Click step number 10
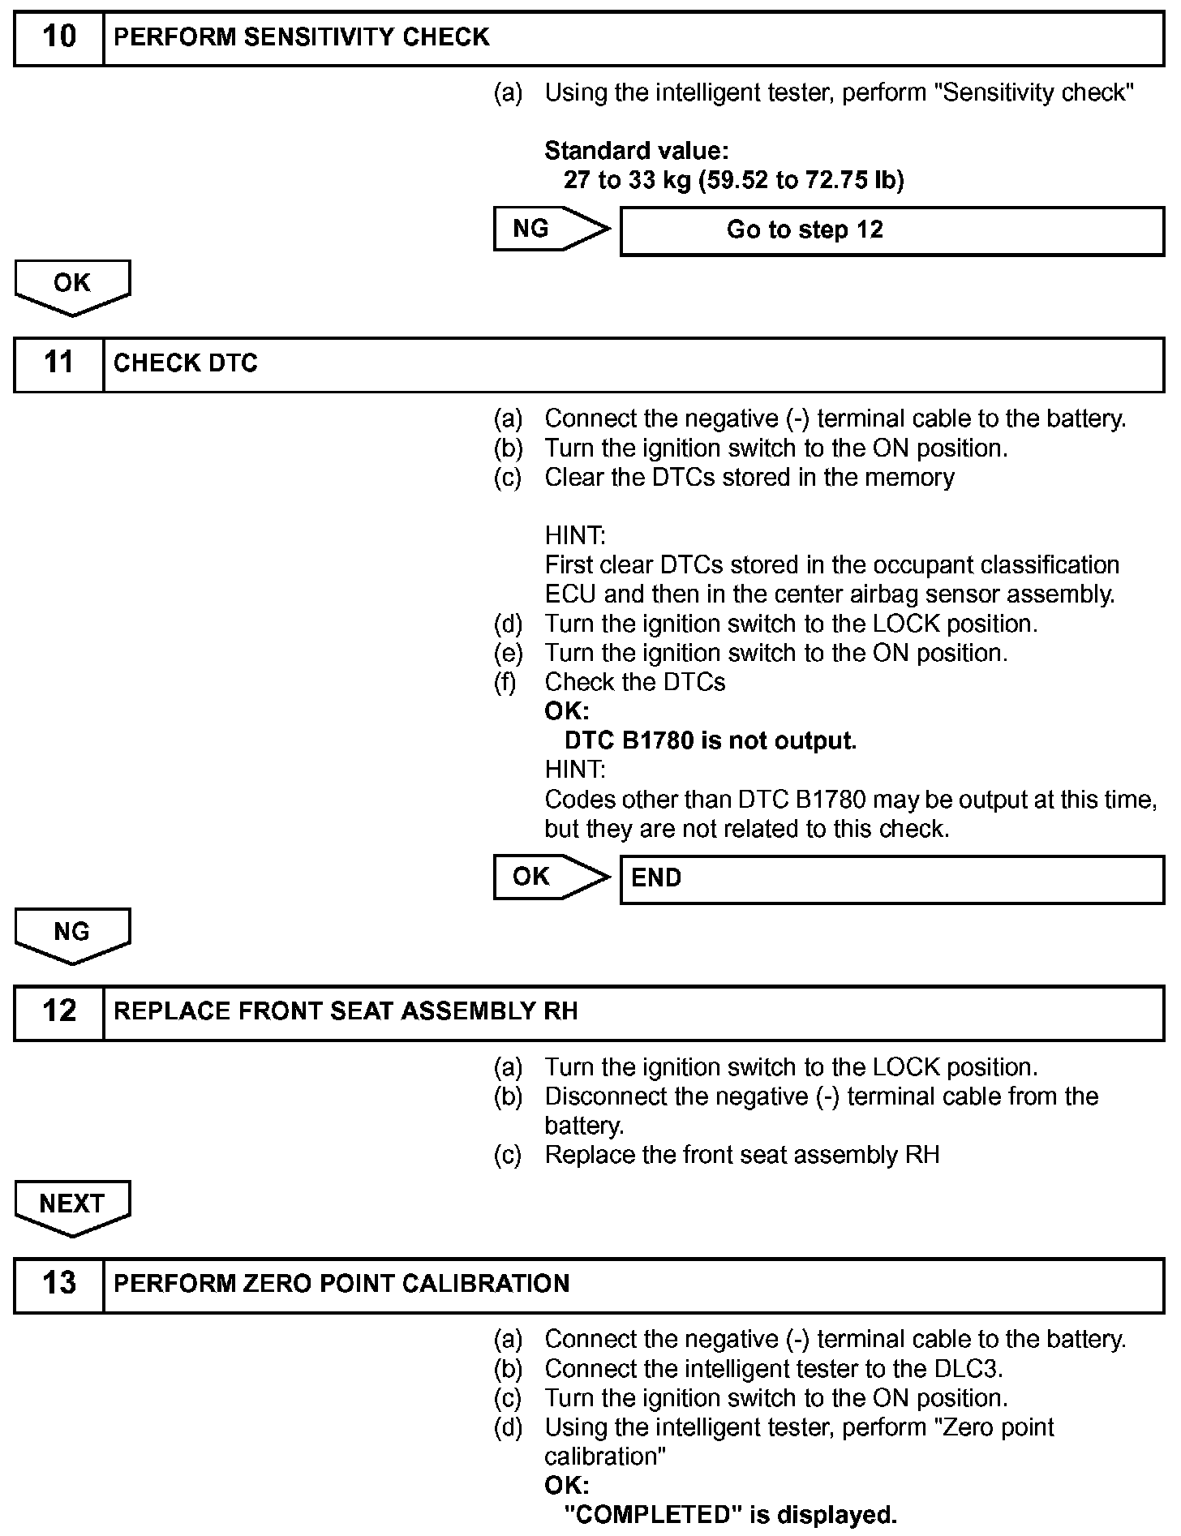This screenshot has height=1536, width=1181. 58,37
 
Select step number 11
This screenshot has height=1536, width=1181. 58,363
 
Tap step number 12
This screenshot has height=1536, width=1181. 58,1012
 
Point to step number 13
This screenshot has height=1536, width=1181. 58,1285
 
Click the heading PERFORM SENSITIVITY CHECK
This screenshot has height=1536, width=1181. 302,37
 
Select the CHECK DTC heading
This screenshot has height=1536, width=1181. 186,363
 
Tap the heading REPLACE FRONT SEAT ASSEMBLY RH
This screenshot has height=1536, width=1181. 346,1012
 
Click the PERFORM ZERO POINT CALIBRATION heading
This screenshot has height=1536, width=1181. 341,1285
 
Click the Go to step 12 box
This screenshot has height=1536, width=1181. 891,230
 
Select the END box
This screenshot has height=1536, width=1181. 891,878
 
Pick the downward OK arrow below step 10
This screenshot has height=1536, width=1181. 72,285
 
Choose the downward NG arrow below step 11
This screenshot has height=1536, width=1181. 72,934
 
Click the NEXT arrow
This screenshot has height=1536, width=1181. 72,1206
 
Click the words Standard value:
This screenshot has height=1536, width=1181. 636,151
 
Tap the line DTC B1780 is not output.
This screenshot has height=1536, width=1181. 710,741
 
